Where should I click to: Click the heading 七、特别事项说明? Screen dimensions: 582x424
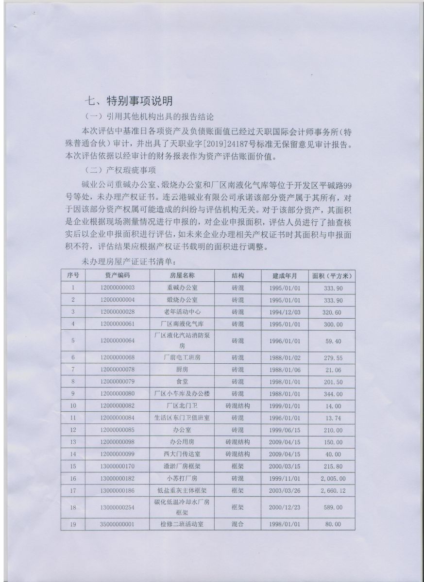[128, 101]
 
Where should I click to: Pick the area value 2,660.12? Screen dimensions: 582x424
[332, 490]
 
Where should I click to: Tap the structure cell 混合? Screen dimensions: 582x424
[237, 524]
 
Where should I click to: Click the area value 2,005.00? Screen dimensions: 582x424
[332, 478]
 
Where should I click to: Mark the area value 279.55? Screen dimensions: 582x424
[332, 358]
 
